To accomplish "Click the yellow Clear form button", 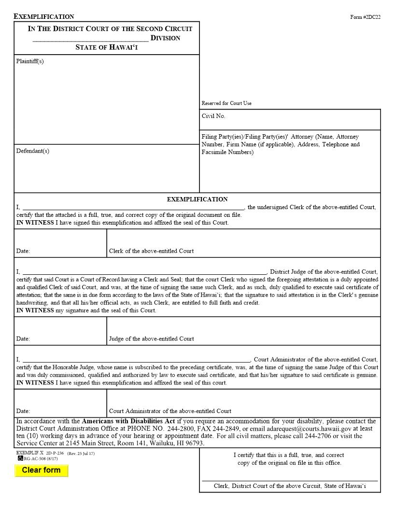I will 41,470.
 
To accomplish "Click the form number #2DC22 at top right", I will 365,17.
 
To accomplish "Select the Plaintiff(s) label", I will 30,61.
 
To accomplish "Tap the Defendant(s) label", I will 32,151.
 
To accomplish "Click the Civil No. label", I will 213,116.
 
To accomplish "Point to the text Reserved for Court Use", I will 226,103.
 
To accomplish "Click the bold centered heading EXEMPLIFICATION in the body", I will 197,199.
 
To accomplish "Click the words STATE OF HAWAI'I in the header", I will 106,47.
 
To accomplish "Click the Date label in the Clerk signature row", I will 23,251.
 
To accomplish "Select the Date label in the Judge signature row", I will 23,339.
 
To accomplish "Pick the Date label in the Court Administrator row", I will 23,411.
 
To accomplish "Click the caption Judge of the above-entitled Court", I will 151,339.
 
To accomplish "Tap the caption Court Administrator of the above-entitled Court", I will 170,411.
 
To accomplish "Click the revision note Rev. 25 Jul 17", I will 81,453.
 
